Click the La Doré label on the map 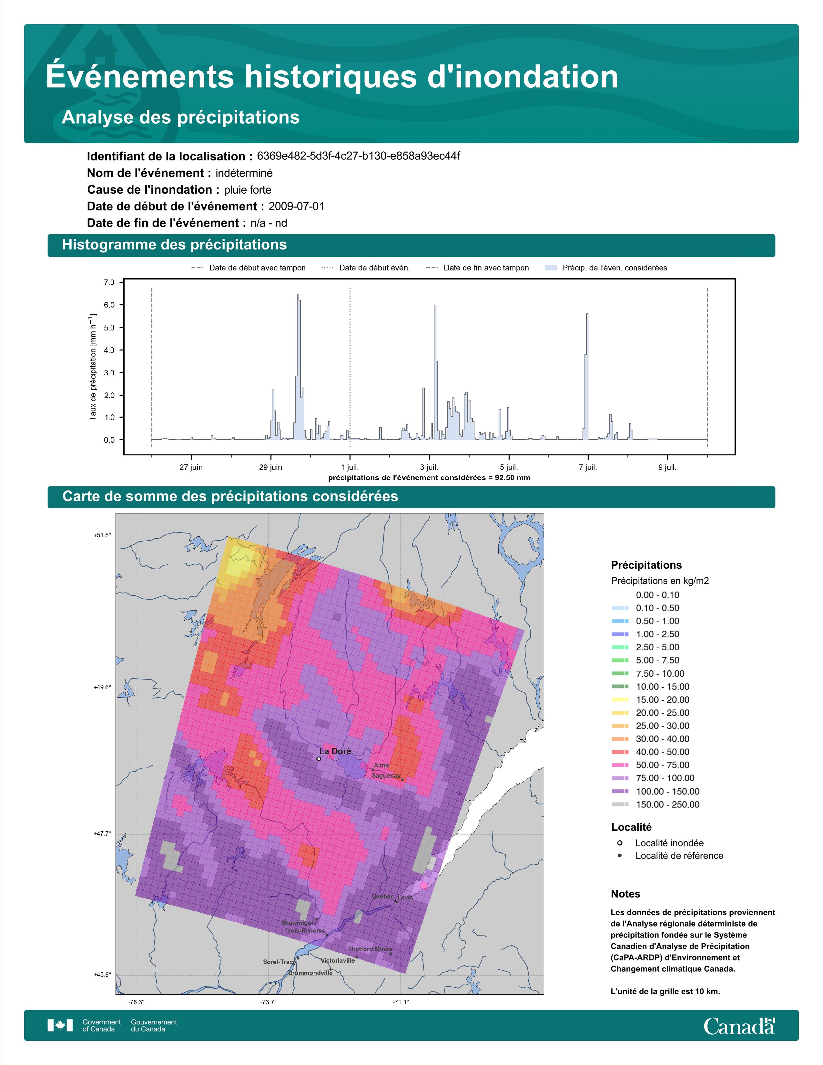(x=335, y=751)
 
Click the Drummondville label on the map (x=310, y=973)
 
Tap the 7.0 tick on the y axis (x=109, y=282)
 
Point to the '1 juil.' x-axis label (x=350, y=467)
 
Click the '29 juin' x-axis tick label (x=270, y=467)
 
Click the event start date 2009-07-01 (x=296, y=206)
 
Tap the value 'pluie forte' (x=248, y=190)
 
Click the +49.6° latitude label (x=102, y=687)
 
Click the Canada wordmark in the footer (x=739, y=1027)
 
